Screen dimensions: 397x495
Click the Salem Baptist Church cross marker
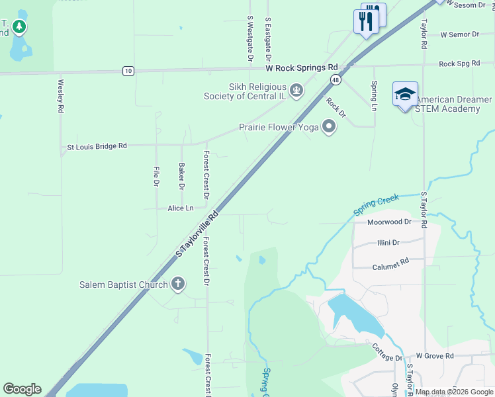coord(177,285)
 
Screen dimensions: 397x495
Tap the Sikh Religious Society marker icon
coord(297,89)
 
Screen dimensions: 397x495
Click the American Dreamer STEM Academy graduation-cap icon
coord(405,95)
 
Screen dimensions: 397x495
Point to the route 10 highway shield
coord(128,71)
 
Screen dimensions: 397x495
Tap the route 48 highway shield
coord(336,80)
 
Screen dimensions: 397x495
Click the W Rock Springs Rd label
coord(302,67)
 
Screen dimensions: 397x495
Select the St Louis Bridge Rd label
coord(97,146)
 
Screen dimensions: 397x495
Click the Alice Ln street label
coord(181,208)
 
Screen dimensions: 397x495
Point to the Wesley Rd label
coord(61,95)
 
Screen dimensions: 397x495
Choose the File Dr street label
coord(156,176)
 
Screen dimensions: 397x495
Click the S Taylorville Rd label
coord(197,234)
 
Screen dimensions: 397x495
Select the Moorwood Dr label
coord(390,222)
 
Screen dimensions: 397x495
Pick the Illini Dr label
coord(388,242)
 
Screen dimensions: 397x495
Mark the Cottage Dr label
coord(386,352)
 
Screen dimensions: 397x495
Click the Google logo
coord(22,389)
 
